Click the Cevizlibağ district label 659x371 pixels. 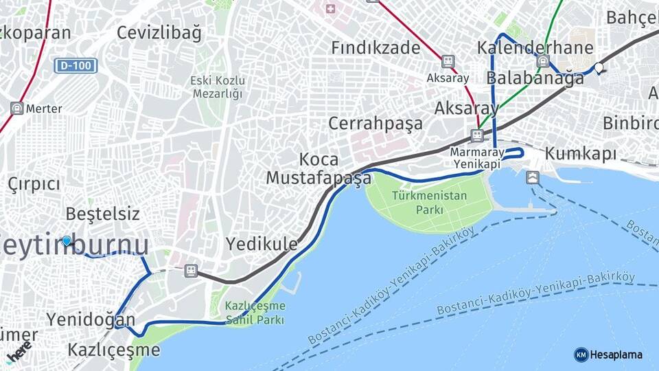(159, 32)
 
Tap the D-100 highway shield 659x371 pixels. (76, 66)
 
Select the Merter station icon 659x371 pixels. (17, 109)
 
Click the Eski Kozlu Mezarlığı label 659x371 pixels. (218, 87)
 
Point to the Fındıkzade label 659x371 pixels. (375, 47)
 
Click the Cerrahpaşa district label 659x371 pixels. (375, 124)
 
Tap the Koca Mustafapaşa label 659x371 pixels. (319, 169)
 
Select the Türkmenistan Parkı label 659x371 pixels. (429, 203)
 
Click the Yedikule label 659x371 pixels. (262, 244)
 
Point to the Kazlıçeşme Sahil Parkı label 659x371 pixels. (255, 313)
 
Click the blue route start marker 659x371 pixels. (67, 241)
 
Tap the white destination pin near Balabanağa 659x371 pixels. (599, 68)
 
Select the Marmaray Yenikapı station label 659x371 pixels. (478, 157)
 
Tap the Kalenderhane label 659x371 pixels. (535, 48)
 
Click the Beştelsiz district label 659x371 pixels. (102, 214)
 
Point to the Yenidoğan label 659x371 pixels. (91, 319)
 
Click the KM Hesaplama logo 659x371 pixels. (608, 355)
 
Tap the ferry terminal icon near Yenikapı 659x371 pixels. (533, 177)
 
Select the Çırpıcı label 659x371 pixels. (34, 184)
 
